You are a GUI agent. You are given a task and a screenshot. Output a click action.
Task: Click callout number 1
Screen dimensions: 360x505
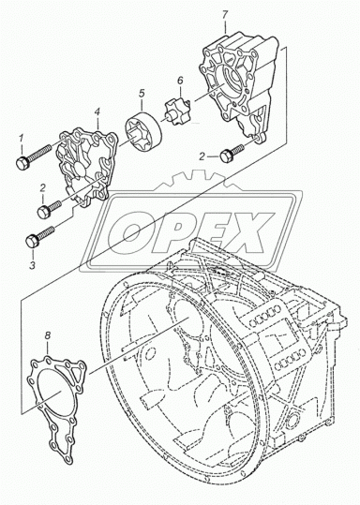tap(22, 139)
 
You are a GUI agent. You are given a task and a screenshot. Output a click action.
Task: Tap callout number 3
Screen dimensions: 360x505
tap(32, 265)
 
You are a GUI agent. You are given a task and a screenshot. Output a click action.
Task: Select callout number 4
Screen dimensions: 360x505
tap(97, 111)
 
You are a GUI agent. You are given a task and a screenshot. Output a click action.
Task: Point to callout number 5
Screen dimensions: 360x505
tap(142, 94)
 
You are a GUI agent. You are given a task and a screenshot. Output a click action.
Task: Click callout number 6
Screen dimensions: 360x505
tap(180, 80)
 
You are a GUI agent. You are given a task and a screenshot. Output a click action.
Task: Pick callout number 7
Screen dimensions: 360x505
tap(225, 15)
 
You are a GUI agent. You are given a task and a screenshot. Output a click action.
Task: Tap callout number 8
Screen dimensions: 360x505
tap(48, 335)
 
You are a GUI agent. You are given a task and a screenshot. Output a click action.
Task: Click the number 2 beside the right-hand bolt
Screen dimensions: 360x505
tap(202, 156)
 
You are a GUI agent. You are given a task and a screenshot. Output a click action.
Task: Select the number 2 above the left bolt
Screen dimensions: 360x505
tap(43, 188)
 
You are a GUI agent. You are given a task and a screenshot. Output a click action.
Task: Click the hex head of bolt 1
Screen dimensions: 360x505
tap(22, 163)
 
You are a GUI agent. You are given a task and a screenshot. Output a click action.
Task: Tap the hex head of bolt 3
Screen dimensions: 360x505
tap(32, 241)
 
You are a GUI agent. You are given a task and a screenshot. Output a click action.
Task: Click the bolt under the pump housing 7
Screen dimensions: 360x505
tap(232, 154)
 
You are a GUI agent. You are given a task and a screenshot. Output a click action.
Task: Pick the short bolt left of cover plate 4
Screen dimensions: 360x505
tap(49, 209)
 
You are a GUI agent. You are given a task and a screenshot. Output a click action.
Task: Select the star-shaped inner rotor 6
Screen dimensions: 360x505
tap(177, 112)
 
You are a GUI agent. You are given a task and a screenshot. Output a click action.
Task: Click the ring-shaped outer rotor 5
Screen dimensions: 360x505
tap(142, 134)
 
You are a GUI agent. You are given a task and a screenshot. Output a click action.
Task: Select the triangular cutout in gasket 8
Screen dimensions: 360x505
tap(78, 375)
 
